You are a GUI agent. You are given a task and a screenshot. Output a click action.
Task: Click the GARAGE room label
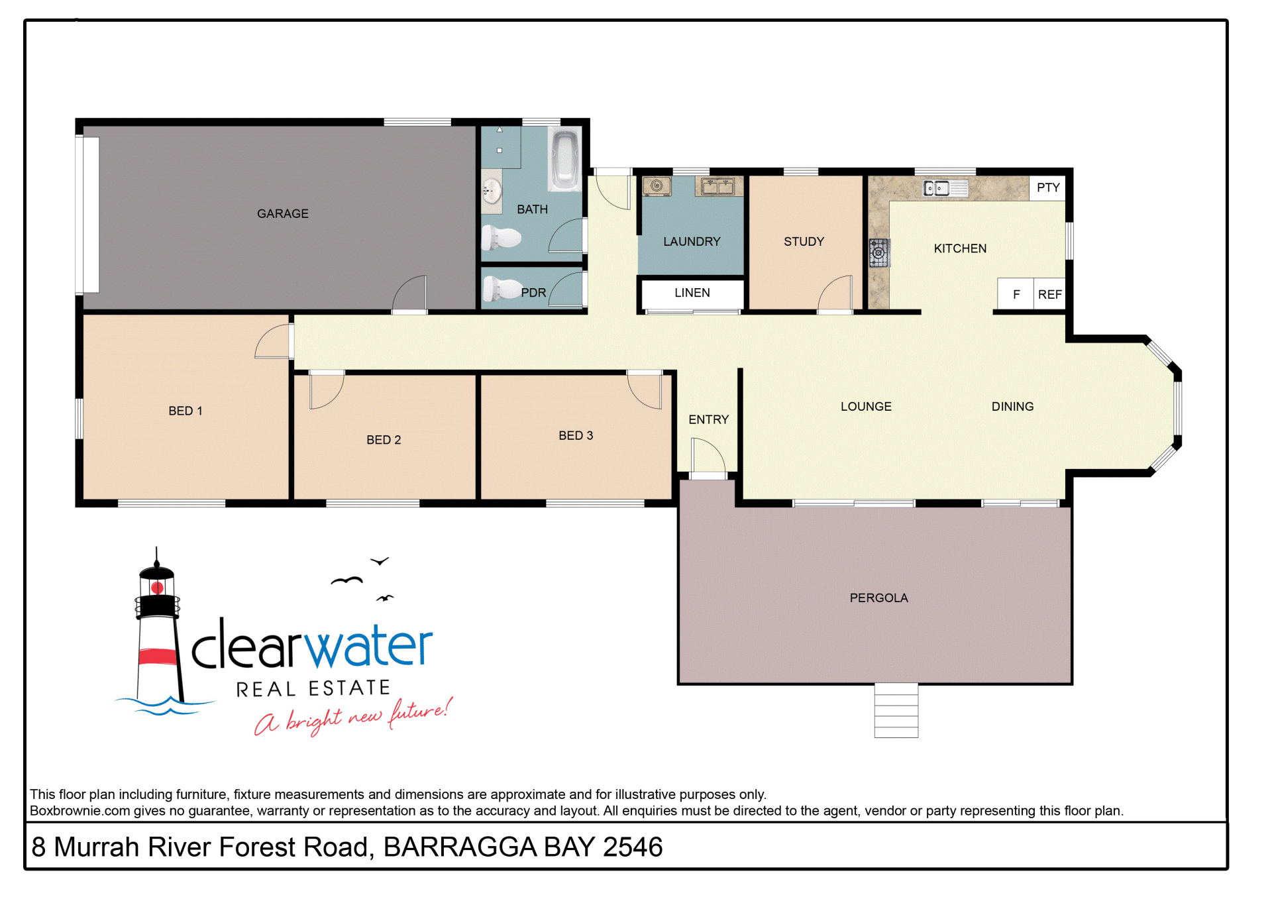[283, 213]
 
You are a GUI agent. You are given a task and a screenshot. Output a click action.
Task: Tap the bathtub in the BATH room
[564, 159]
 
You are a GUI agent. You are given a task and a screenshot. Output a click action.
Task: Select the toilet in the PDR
[502, 289]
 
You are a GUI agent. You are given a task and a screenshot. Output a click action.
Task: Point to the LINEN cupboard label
[692, 293]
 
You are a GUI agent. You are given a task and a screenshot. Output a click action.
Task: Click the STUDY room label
[804, 242]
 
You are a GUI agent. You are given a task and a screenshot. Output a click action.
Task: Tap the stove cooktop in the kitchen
[879, 252]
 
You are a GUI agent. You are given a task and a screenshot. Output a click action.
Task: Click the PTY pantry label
[1048, 187]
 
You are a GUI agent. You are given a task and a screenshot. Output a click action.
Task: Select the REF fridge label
[1050, 294]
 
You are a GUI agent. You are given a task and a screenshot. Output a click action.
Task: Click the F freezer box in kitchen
[1016, 293]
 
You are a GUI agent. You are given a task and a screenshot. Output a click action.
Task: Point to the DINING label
[1012, 407]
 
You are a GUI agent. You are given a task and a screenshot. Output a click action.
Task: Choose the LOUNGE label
[866, 407]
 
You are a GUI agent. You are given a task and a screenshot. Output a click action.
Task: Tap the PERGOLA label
[878, 598]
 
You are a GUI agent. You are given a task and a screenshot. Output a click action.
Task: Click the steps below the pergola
[896, 711]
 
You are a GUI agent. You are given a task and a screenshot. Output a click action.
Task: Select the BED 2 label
[384, 440]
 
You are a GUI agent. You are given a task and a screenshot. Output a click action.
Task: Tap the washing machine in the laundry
[657, 186]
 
